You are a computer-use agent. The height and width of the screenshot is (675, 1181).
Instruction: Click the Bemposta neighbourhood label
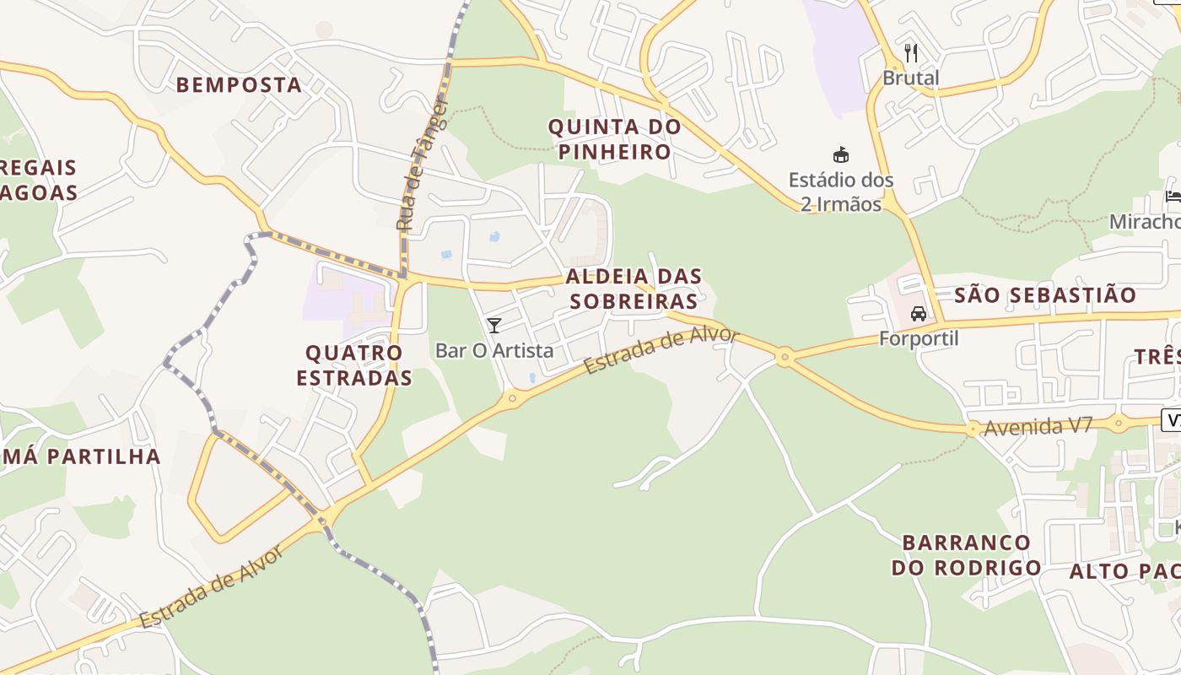coord(239,84)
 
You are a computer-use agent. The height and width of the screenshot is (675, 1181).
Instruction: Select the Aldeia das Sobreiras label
coord(634,289)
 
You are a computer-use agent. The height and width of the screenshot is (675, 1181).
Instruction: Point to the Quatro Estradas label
coord(354,364)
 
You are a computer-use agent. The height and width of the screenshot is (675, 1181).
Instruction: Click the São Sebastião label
coord(1045,295)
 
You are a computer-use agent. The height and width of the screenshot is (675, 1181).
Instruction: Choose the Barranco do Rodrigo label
coord(966,554)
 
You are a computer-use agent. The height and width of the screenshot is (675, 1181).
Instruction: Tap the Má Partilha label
coord(80,456)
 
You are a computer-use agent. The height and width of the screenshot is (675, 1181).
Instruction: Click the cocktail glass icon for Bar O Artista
coord(494,325)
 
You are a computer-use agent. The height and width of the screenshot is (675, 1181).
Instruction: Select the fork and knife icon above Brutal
coord(911,53)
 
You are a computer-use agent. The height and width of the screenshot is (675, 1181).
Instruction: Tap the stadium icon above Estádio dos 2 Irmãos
coord(840,154)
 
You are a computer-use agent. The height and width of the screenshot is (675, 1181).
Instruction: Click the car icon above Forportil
coord(919,314)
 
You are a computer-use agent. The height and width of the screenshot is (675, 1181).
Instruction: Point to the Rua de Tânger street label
coord(422,165)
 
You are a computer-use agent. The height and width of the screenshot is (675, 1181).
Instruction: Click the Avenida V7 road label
coord(1038,426)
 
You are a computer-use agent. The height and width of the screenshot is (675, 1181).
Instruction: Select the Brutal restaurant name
coord(911,78)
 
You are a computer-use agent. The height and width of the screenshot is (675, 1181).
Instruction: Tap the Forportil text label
coord(919,338)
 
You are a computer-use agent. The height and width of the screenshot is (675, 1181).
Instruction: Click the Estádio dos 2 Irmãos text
coord(840,192)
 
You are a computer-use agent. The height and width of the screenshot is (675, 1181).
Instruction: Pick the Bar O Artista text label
coord(494,350)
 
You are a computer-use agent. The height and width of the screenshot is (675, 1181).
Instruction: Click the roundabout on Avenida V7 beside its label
coord(973,429)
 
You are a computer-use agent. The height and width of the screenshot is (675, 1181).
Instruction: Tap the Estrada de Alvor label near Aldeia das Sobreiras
coord(661,350)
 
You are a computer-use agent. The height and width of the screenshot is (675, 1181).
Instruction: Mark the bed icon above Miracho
coord(1173,197)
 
